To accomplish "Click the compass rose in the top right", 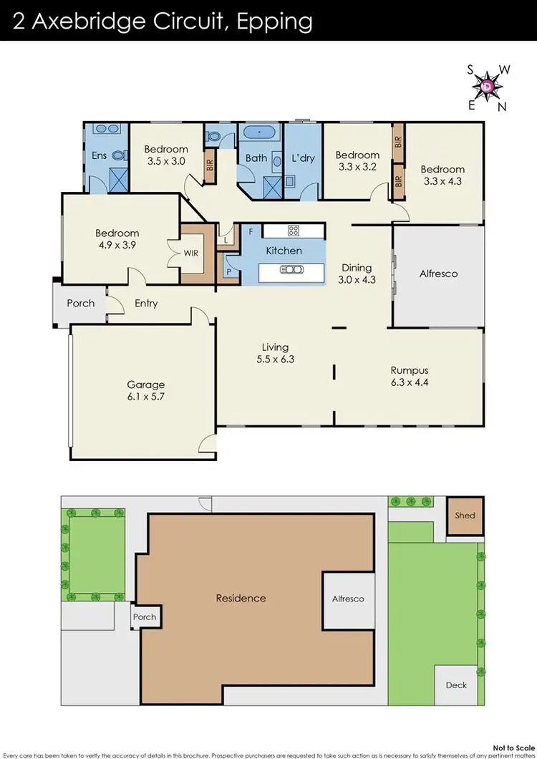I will (x=488, y=86).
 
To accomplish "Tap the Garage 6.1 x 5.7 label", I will (x=146, y=390).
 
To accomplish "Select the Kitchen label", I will (x=284, y=251).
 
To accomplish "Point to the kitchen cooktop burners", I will (x=293, y=231).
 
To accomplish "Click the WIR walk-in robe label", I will (x=191, y=253).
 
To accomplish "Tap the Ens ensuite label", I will (x=99, y=155).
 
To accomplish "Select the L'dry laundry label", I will (x=303, y=158).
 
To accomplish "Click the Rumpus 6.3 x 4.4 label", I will (x=410, y=376).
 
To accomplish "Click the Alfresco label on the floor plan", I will (x=437, y=274).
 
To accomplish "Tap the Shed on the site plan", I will (x=465, y=516).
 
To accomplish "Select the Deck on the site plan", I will (x=456, y=685).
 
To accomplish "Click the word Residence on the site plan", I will (x=241, y=598).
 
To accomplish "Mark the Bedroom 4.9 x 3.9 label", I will (x=117, y=238).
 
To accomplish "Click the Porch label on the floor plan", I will (x=81, y=303).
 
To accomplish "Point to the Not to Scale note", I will (x=513, y=745).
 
